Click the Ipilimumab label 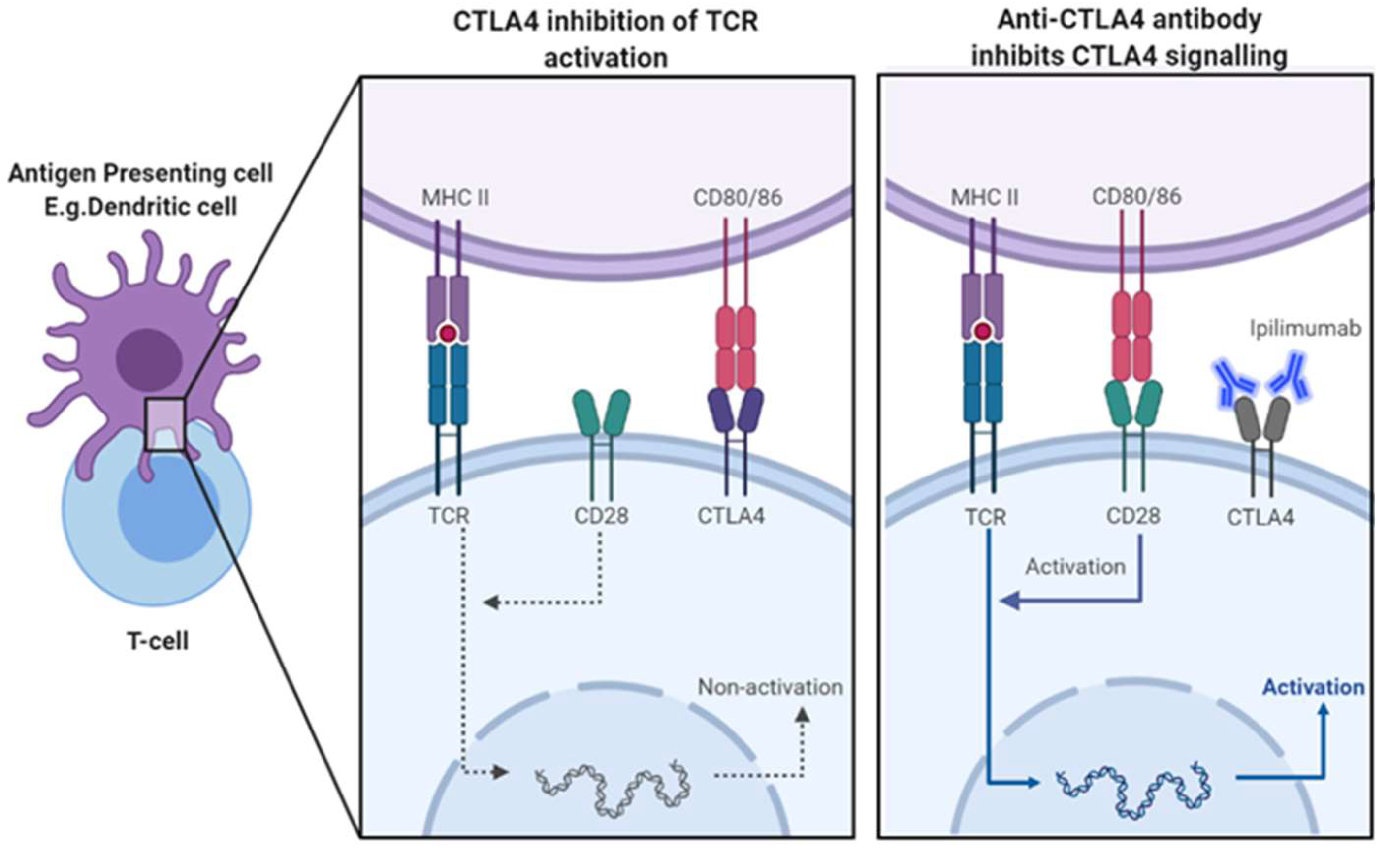tap(1305, 329)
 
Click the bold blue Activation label tap(1313, 687)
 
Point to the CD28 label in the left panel tap(601, 516)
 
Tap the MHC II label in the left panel tap(455, 198)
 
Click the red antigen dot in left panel tap(448, 333)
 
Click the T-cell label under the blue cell tap(158, 641)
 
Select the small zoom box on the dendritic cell tap(165, 424)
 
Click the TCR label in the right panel tap(986, 517)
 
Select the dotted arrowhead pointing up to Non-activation tap(802, 715)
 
